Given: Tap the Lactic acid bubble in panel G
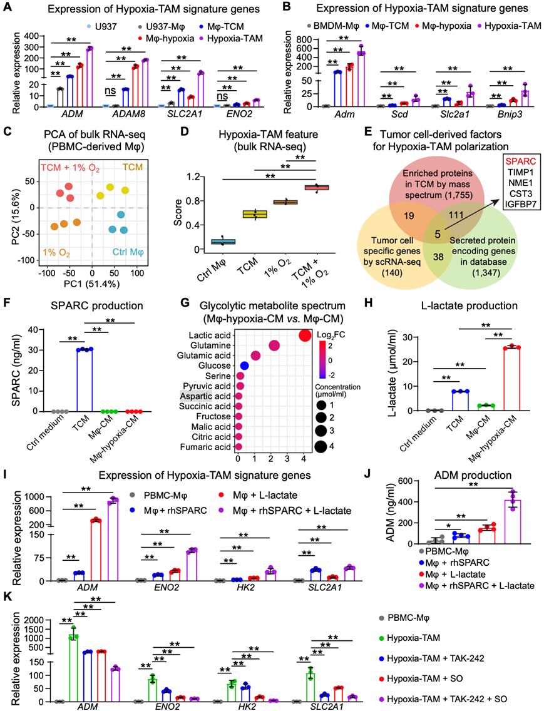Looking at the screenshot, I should coord(305,336).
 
